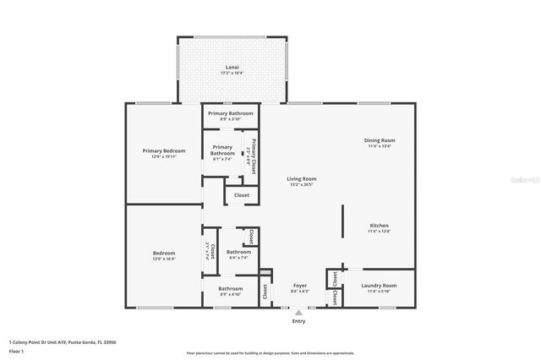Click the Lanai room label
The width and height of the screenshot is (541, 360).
(x=231, y=67)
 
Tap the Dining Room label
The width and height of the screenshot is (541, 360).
(x=380, y=140)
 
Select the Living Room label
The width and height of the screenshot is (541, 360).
(x=301, y=179)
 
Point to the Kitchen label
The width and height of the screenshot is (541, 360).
(x=379, y=226)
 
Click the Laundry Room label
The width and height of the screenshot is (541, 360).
(x=378, y=286)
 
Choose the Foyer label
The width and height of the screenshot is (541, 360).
(x=299, y=286)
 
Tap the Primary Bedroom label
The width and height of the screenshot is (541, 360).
(x=162, y=150)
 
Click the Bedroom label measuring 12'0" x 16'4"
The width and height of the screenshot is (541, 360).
(x=163, y=254)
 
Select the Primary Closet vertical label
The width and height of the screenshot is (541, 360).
(x=251, y=154)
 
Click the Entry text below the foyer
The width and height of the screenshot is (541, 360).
(x=298, y=321)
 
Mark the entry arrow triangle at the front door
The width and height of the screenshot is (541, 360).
(x=298, y=312)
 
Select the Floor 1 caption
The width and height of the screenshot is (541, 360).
(x=16, y=350)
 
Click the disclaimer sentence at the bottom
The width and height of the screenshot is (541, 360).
(x=270, y=353)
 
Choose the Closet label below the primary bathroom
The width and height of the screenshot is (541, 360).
(x=242, y=195)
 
